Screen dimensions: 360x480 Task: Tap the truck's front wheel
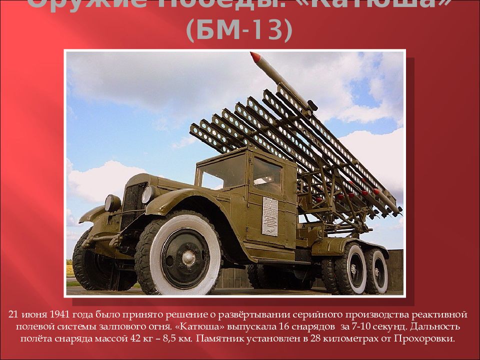(x=185, y=254)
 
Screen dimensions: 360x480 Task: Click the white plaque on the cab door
(x=270, y=216)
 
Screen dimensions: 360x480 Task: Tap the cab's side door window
(x=267, y=175)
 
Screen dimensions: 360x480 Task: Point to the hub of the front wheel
(x=188, y=257)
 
